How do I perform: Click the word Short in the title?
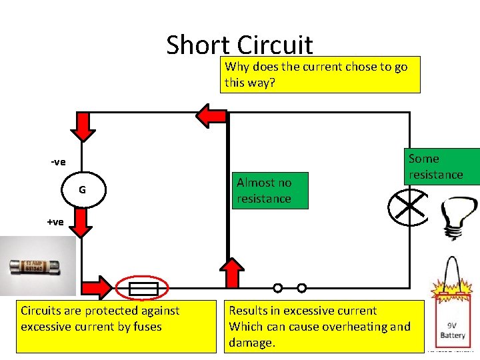pyautogui.click(x=198, y=45)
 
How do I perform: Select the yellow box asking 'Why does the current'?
pyautogui.click(x=322, y=74)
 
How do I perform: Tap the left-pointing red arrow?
pyautogui.click(x=212, y=115)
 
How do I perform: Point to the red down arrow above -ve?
pyautogui.click(x=83, y=127)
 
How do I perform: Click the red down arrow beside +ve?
pyautogui.click(x=81, y=223)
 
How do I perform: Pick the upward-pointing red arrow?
pyautogui.click(x=232, y=273)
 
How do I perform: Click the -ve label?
pyautogui.click(x=58, y=162)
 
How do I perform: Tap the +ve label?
pyautogui.click(x=55, y=222)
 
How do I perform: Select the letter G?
pyautogui.click(x=82, y=190)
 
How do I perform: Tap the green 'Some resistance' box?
pyautogui.click(x=439, y=167)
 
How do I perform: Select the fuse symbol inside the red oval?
pyautogui.click(x=142, y=289)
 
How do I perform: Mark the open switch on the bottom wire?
pyautogui.click(x=289, y=288)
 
